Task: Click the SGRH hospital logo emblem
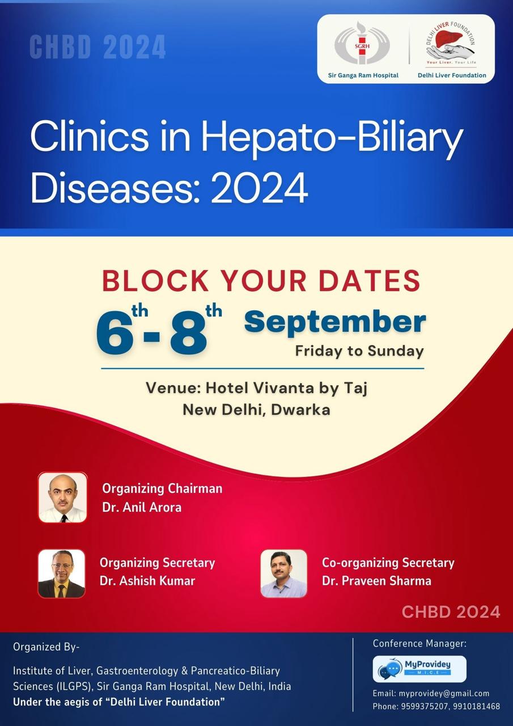[x=362, y=44]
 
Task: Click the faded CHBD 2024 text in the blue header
[x=98, y=47]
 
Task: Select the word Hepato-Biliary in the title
[x=332, y=137]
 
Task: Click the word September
[x=335, y=323]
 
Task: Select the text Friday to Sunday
[x=359, y=351]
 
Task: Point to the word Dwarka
[x=300, y=410]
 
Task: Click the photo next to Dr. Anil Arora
[x=62, y=497]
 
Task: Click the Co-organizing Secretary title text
[x=388, y=563]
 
